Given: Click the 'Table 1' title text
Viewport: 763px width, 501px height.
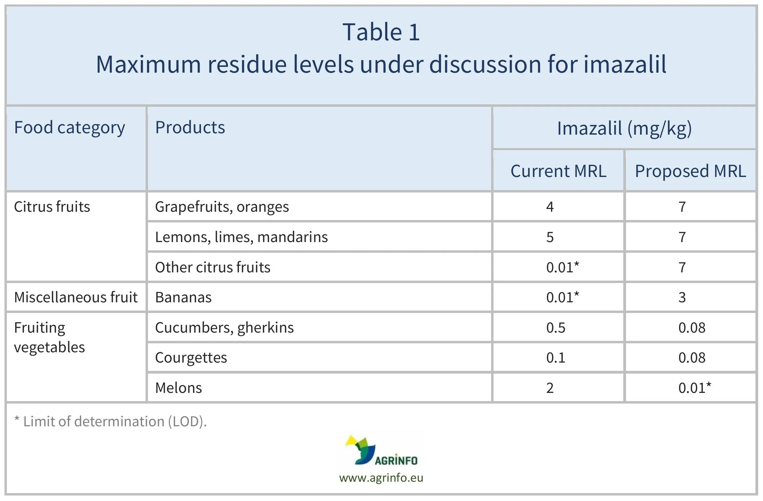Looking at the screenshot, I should coord(381,32).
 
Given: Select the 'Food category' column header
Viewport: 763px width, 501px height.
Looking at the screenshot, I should coord(69,128).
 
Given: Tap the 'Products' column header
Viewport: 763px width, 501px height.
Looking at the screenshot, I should coord(190,128).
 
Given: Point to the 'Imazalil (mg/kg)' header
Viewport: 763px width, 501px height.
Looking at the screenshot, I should coord(624,128).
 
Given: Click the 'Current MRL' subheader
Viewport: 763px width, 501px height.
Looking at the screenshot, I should coord(558,171).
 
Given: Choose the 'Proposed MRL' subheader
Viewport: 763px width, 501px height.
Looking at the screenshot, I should coord(690,171).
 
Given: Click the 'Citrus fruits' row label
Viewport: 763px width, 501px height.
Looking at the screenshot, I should coord(52,207).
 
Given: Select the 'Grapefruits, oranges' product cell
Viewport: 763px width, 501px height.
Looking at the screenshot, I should coord(222,207).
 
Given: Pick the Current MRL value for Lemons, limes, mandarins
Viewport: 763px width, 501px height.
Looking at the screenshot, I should coord(550,237).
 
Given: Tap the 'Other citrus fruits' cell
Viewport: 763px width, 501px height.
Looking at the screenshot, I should coord(213,268).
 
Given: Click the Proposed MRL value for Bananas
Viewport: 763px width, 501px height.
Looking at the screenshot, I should coord(682,298).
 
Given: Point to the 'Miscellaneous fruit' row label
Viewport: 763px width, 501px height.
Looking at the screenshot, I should coord(76,298).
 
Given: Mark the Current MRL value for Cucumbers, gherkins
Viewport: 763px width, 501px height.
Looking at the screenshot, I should coord(555,328).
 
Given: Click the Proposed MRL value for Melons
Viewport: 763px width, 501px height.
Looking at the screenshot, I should coord(694,388).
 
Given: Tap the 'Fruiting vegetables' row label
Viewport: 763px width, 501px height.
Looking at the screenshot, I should coord(49,337).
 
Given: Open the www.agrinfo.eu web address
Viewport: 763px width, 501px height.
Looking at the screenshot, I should coord(381,478).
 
